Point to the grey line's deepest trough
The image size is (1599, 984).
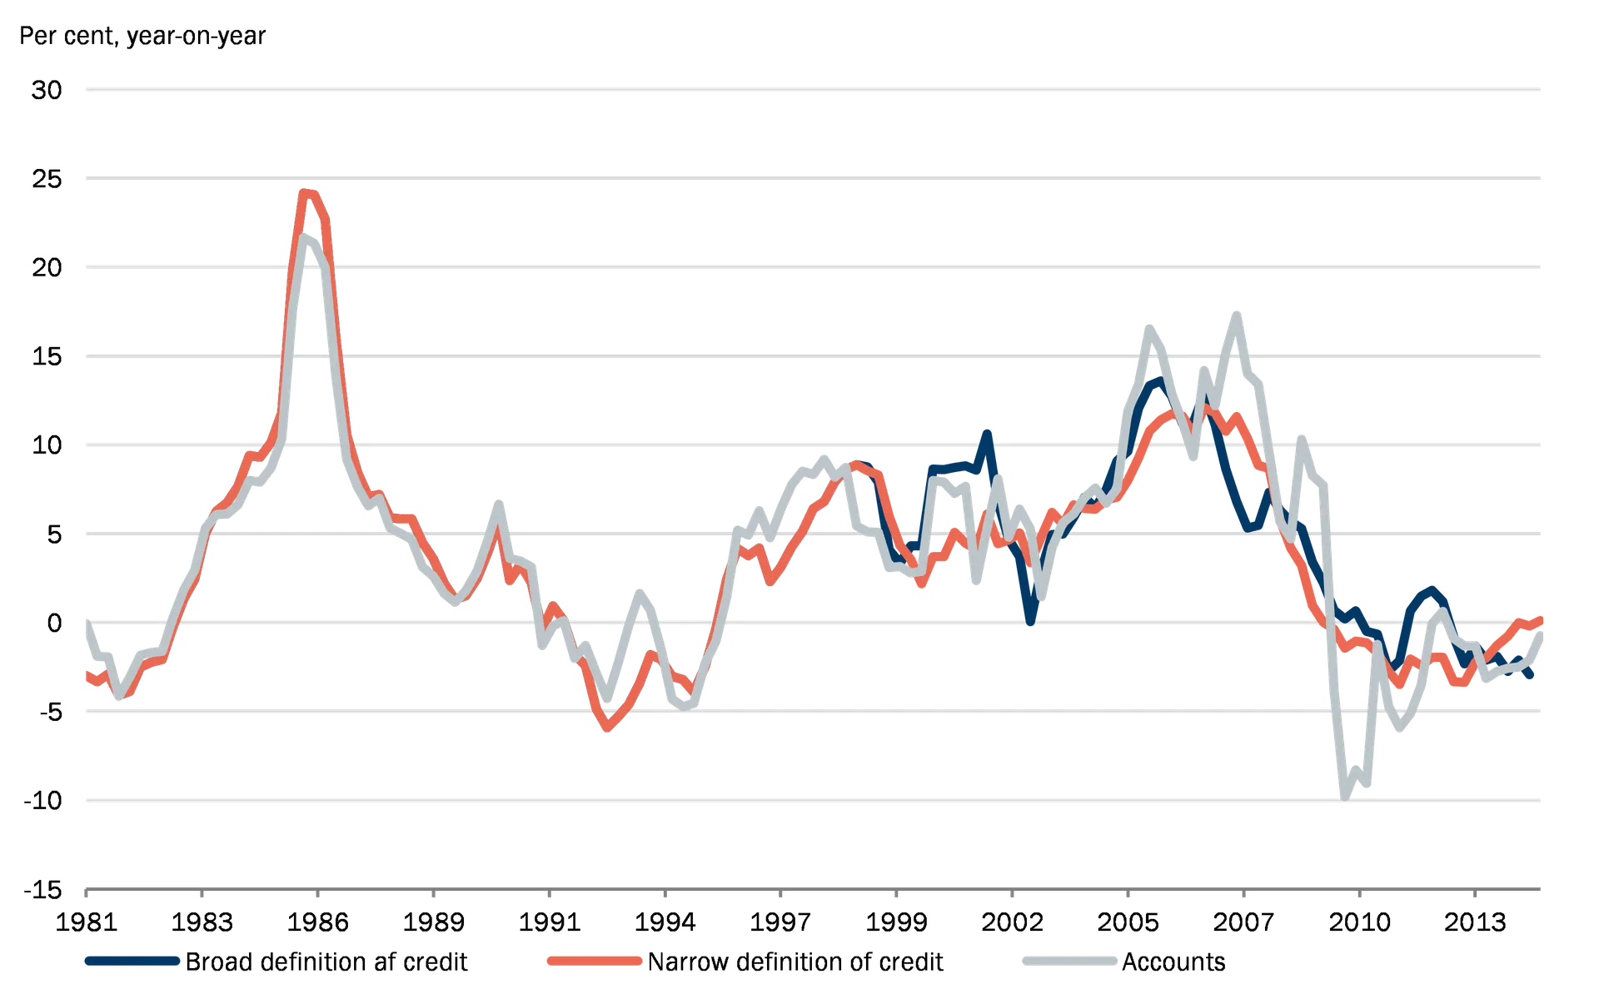[1344, 795]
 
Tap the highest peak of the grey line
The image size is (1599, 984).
[1237, 314]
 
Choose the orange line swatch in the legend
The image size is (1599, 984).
[594, 961]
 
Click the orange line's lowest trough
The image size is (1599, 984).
[607, 731]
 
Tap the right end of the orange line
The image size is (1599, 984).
[1543, 617]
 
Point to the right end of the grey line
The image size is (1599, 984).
[1543, 630]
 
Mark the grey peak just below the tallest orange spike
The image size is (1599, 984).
[308, 239]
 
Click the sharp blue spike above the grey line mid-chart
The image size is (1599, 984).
[988, 432]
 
